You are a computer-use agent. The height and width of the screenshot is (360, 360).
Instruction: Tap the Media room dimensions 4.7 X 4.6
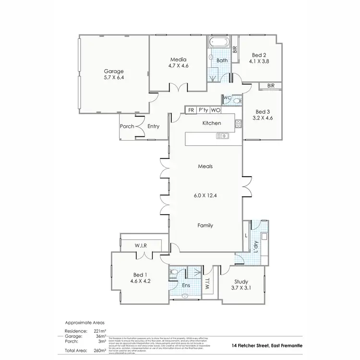pos(178,66)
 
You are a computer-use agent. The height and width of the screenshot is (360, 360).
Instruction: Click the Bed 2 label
pos(258,55)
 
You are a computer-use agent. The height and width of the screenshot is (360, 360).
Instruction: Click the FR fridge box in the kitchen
pos(191,110)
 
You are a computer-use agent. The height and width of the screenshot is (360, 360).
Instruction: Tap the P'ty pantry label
pos(204,110)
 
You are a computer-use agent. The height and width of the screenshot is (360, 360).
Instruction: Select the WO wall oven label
pos(216,110)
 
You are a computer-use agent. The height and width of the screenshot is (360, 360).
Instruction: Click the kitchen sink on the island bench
pos(223,136)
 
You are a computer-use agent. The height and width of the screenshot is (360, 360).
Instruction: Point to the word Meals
pos(205,167)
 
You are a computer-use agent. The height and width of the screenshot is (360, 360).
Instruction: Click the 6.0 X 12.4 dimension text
pos(205,196)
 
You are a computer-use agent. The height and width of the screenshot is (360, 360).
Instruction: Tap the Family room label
pos(205,225)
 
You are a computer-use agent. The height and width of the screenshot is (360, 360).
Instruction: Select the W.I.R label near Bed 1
pos(140,246)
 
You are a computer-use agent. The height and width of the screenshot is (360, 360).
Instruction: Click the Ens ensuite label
pos(186,285)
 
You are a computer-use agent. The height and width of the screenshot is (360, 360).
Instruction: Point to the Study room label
pos(240,282)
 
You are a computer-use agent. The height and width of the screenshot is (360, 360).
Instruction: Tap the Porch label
pos(127,127)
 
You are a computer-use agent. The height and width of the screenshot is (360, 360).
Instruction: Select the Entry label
pos(153,127)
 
